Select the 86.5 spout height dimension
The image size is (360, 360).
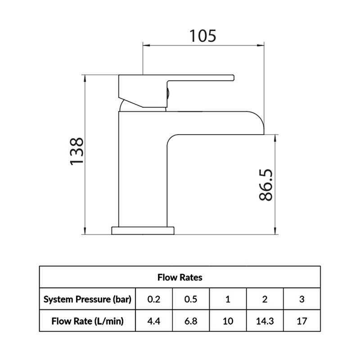click(x=266, y=185)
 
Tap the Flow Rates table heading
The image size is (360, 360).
click(x=180, y=277)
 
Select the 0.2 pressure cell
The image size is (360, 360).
click(x=153, y=299)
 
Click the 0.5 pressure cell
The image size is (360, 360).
click(x=190, y=299)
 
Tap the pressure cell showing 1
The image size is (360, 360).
click(x=228, y=299)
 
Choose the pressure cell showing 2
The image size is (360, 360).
click(x=265, y=299)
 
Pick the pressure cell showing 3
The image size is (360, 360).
click(x=302, y=299)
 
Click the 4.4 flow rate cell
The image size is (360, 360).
click(x=153, y=321)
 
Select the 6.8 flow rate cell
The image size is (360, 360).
click(x=190, y=321)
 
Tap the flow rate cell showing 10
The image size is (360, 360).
click(x=228, y=321)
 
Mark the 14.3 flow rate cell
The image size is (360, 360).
click(x=265, y=321)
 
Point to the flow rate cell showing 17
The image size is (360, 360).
click(x=302, y=321)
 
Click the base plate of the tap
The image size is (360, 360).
click(x=143, y=230)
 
